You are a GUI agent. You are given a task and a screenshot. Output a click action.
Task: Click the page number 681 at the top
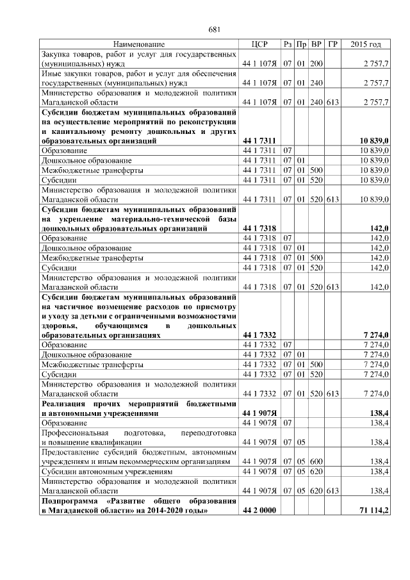click(x=215, y=29)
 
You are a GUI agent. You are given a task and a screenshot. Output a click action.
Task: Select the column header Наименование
click(x=138, y=44)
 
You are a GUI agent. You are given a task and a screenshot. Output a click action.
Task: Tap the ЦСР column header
click(x=259, y=44)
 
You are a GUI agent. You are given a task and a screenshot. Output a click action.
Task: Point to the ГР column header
click(x=332, y=44)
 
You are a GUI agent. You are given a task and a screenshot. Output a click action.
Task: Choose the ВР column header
click(x=316, y=44)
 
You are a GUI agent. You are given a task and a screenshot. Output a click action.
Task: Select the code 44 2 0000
click(x=259, y=510)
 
